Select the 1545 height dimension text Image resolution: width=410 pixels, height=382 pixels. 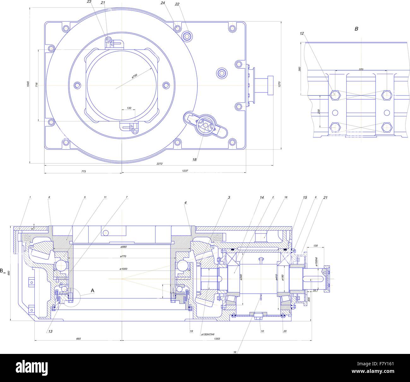[x=28, y=84]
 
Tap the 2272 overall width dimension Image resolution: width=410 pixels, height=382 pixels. [x=159, y=163]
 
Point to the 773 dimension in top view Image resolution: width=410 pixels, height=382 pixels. [x=83, y=171]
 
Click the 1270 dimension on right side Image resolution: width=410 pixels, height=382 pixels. [x=279, y=84]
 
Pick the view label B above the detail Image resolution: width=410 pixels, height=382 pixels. [x=356, y=29]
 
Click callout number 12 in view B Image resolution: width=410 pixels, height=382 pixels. [x=302, y=33]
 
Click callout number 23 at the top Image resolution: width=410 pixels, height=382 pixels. [x=89, y=2]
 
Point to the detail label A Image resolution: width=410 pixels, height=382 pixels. [x=92, y=290]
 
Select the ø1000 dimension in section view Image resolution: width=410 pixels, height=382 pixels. [x=123, y=269]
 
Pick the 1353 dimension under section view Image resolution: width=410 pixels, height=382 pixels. [x=217, y=339]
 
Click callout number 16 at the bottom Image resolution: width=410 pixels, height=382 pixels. [x=235, y=352]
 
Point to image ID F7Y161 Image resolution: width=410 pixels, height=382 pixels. [x=382, y=364]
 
